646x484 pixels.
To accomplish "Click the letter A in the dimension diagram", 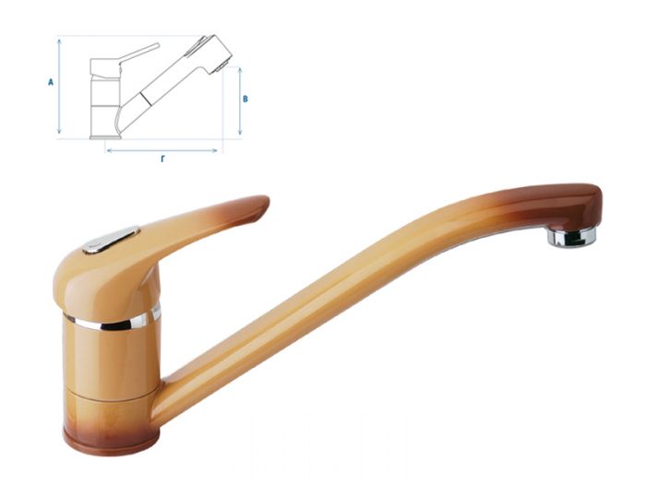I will coord(51,82).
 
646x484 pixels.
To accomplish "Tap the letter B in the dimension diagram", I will coord(245,98).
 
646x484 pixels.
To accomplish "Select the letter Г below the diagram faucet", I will coord(162,159).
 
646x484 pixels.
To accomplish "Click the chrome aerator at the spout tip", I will coord(572,237).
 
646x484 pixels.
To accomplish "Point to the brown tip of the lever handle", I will coord(250,207).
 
